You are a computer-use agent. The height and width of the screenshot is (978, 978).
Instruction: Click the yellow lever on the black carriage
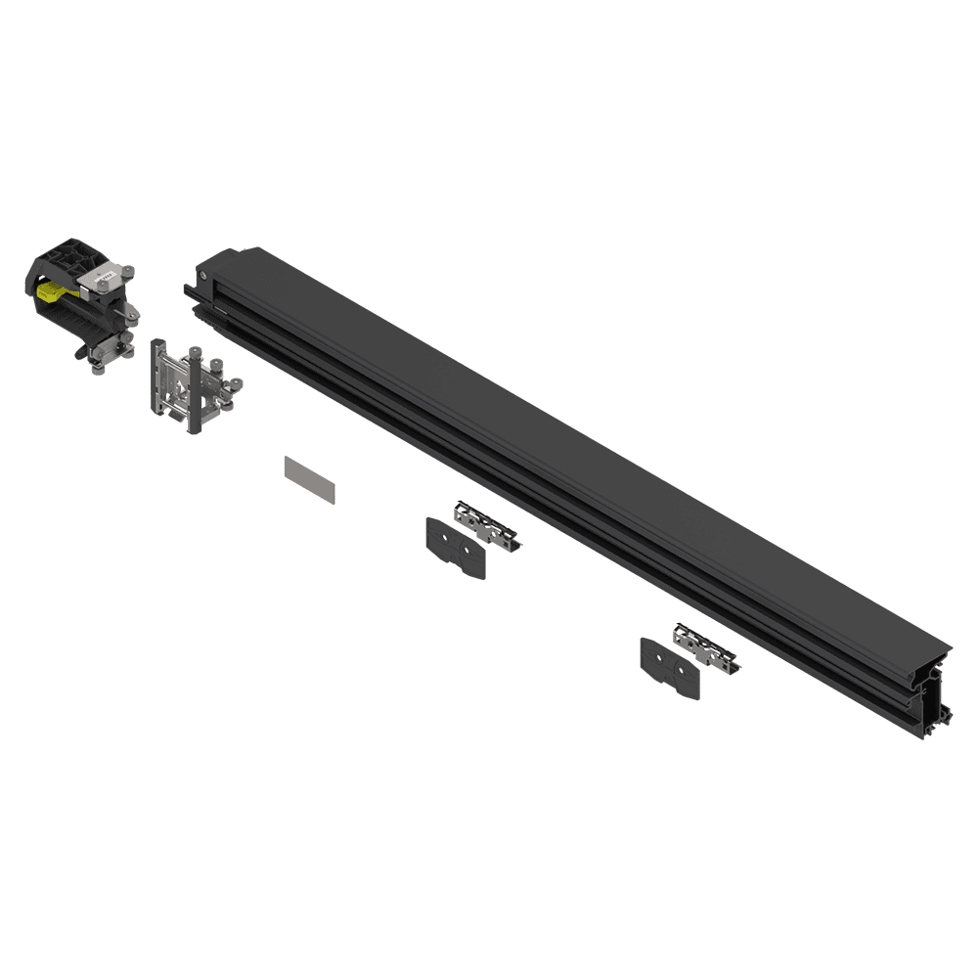54,289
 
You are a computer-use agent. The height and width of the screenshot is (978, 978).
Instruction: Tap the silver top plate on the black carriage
103,280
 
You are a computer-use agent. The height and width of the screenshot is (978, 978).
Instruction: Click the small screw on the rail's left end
201,278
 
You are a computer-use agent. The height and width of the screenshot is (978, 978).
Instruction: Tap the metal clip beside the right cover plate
704,646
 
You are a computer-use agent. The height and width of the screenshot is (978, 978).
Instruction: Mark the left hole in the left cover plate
445,538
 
